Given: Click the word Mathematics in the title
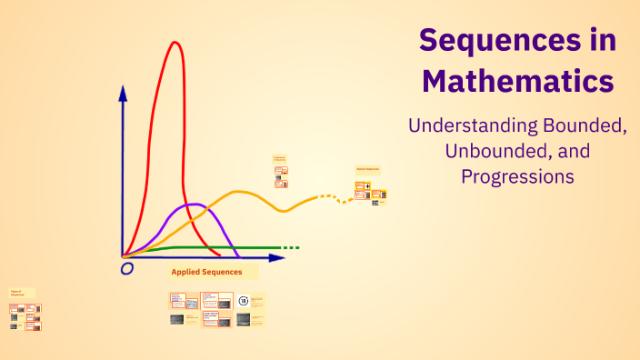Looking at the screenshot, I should [x=518, y=82].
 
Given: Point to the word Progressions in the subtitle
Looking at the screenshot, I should [x=517, y=175].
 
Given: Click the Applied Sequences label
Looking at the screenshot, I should [x=207, y=271].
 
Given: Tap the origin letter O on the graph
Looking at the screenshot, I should [x=127, y=268].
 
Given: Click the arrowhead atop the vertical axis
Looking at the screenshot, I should [x=123, y=92].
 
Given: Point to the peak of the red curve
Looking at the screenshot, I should [x=173, y=42].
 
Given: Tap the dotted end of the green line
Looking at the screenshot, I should [x=290, y=247].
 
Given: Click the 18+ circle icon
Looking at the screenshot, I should [x=243, y=301].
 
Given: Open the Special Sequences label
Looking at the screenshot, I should [x=367, y=169].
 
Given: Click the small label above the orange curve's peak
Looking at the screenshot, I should [x=279, y=158].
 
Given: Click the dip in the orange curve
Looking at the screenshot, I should [x=284, y=210].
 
